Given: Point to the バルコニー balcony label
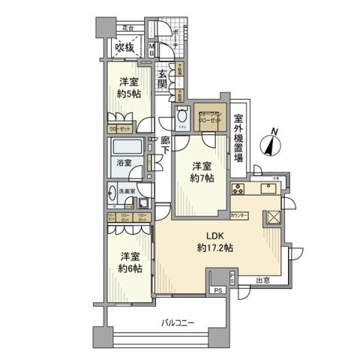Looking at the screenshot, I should tap(179, 322).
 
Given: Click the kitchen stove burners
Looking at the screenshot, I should tap(239, 188).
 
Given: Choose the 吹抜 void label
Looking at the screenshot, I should tap(124, 49).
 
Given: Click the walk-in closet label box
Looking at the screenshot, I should tap(208, 118).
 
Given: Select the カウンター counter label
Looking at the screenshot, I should tap(239, 215).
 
